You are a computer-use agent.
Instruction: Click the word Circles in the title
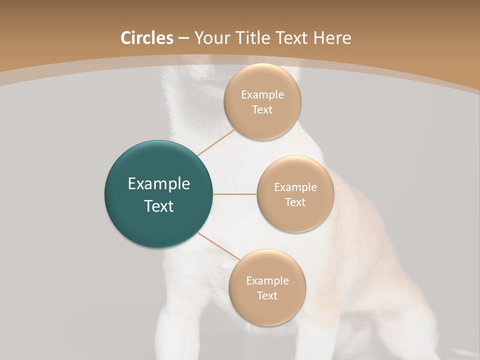(x=147, y=38)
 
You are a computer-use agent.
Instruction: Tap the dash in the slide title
(x=183, y=38)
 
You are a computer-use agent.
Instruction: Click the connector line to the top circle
(x=215, y=142)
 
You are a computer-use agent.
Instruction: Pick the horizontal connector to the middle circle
(x=234, y=194)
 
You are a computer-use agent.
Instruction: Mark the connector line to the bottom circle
(x=219, y=246)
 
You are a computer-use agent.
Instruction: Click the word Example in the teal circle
(x=158, y=184)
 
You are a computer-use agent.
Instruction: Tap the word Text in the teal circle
(x=158, y=206)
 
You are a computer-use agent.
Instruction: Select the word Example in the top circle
(x=262, y=95)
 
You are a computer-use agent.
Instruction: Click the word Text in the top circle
(x=262, y=110)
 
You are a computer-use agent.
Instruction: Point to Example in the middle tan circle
(x=295, y=187)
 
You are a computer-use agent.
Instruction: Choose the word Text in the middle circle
(x=295, y=202)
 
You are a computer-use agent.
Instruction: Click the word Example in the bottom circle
(x=267, y=281)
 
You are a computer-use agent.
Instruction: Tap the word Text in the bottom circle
(x=267, y=296)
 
